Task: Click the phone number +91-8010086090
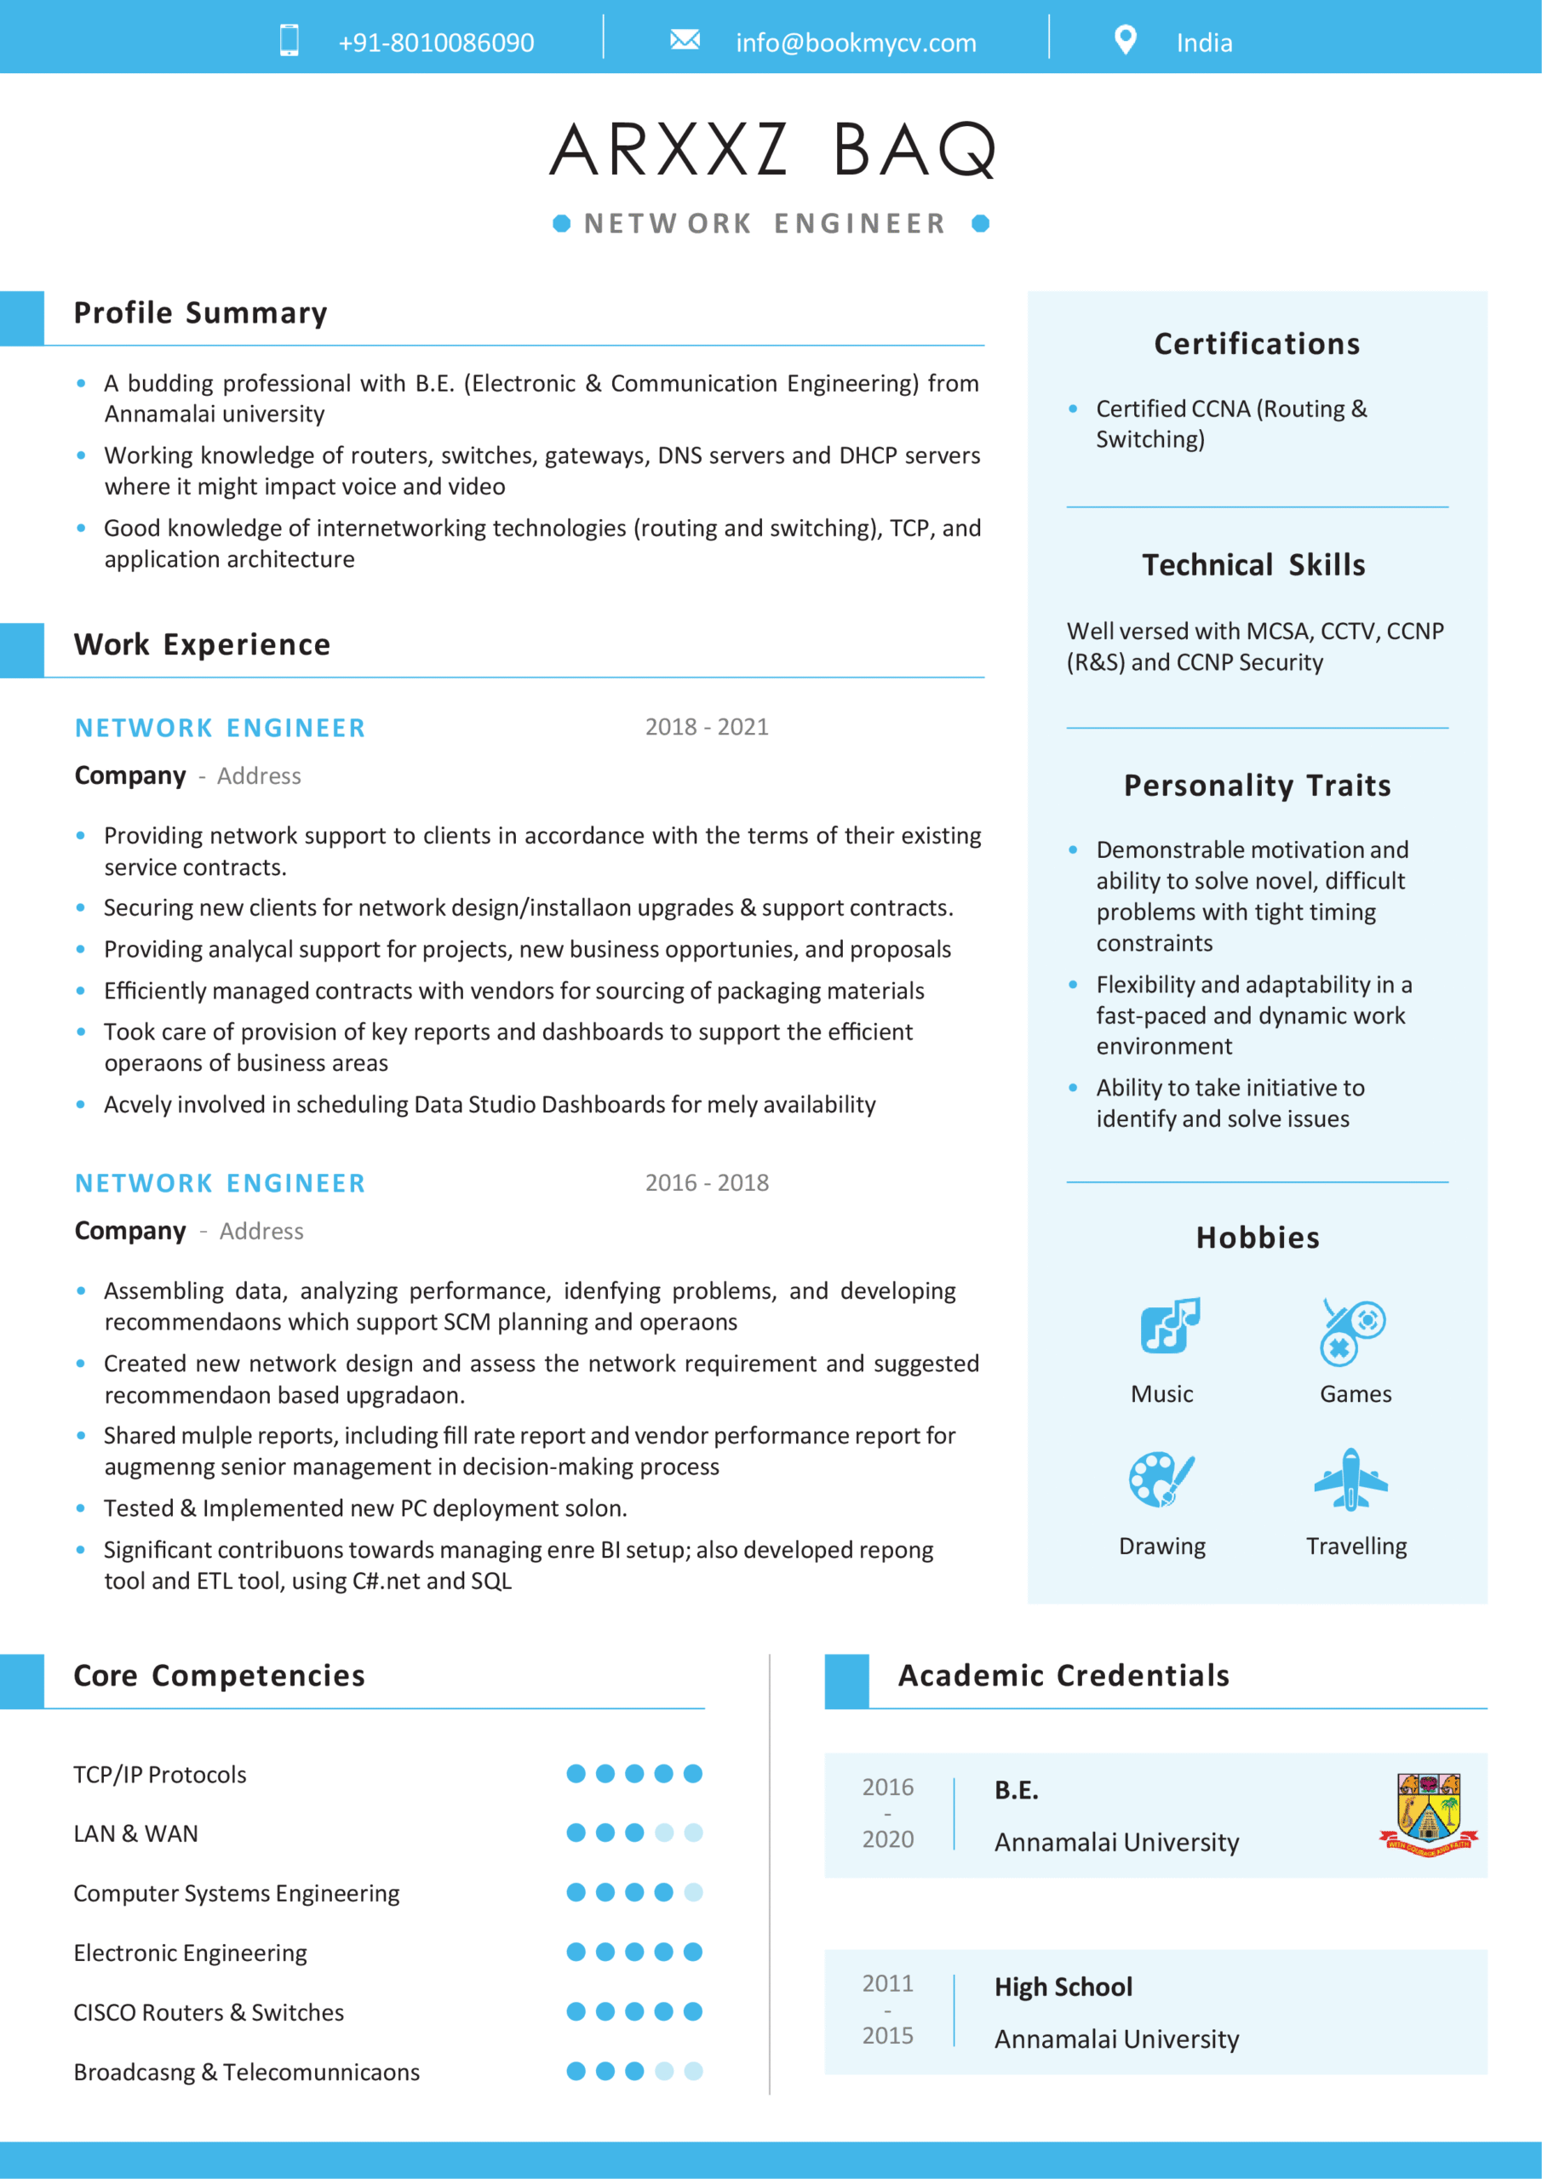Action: [436, 43]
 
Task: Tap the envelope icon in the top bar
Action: [685, 40]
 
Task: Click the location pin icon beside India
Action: [1125, 40]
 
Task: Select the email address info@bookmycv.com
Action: [856, 43]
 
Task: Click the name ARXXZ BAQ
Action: [772, 150]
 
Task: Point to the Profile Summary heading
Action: [200, 313]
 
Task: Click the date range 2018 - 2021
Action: [707, 727]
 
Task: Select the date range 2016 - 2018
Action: [707, 1182]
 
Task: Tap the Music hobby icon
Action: [1169, 1325]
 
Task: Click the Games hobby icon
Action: [1352, 1330]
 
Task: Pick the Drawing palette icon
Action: [1161, 1478]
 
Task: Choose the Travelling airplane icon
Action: [1351, 1478]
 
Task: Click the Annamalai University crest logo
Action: [1428, 1814]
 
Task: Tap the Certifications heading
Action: [1256, 344]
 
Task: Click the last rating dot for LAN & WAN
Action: [693, 1833]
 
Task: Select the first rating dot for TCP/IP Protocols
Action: [576, 1773]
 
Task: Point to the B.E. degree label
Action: [1016, 1790]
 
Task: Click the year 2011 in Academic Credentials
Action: [887, 1983]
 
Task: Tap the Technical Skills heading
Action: [1253, 564]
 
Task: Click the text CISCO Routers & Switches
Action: [209, 2012]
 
